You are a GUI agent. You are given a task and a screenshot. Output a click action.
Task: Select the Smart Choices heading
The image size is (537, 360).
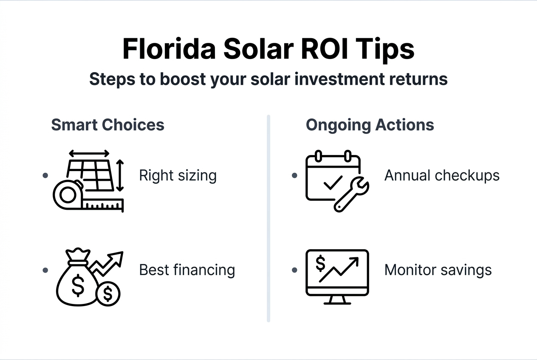(x=107, y=125)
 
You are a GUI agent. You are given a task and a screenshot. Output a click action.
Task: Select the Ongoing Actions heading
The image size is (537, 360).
(x=370, y=125)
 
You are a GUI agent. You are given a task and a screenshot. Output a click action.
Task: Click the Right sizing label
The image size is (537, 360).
(x=178, y=175)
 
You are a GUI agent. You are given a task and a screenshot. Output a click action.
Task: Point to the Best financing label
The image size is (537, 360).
(x=187, y=270)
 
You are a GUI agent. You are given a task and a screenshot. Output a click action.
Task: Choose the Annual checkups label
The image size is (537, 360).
(x=442, y=175)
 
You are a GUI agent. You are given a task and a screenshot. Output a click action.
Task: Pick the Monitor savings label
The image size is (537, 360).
(x=438, y=270)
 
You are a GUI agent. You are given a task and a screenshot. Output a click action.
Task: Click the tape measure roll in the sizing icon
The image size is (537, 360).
(x=67, y=195)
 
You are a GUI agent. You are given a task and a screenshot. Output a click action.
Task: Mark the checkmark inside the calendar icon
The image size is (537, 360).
(x=333, y=183)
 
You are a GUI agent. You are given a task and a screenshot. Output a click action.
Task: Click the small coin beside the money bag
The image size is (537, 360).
(x=108, y=293)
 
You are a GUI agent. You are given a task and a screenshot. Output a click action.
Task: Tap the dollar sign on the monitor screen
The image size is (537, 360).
(x=320, y=264)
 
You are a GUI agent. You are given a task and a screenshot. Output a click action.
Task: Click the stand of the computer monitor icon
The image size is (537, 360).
(x=337, y=300)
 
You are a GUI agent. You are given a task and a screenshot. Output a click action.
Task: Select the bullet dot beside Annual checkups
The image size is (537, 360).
(x=294, y=175)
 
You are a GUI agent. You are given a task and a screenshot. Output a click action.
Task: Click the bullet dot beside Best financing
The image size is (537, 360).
(x=45, y=270)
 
